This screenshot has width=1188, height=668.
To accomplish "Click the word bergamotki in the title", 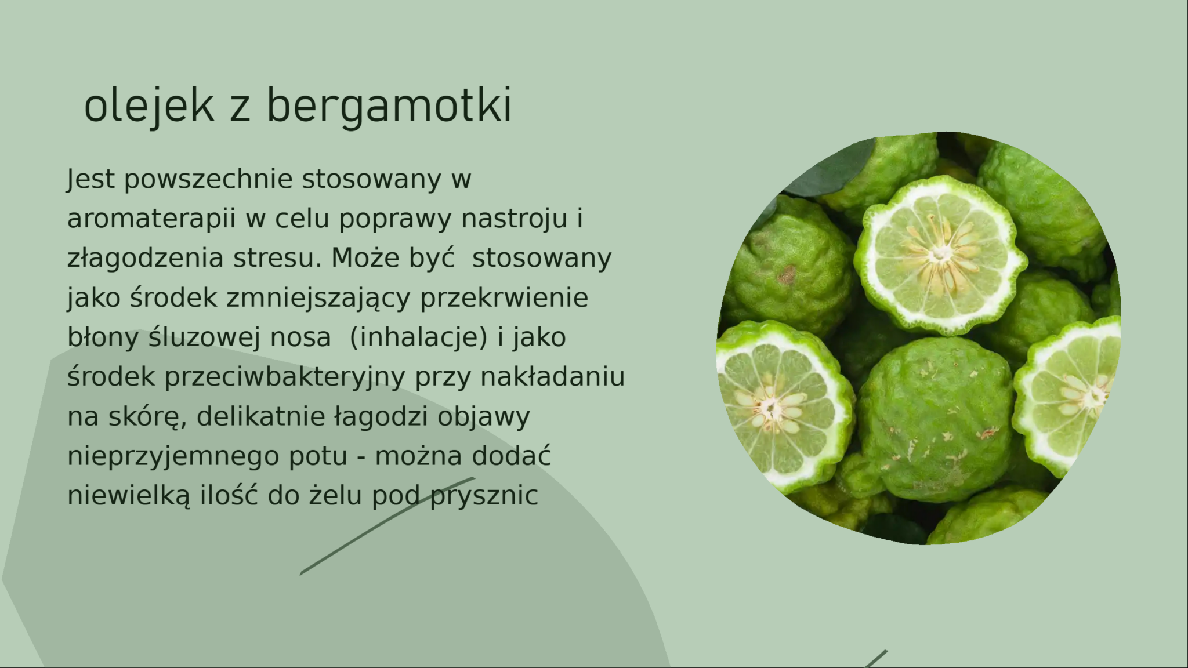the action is (x=389, y=107).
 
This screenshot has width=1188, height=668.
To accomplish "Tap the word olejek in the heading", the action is (x=148, y=107).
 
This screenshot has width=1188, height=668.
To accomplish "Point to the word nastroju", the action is (x=514, y=219).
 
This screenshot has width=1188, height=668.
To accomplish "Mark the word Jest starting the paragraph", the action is (x=90, y=180).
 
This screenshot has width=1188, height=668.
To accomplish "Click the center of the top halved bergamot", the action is (x=940, y=255).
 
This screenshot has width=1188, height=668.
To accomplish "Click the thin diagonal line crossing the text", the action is (x=387, y=526).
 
